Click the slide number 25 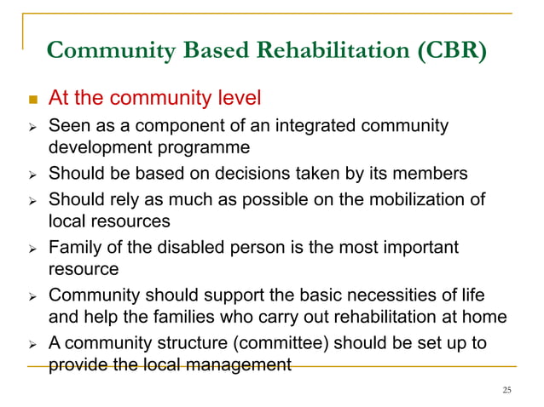click(507, 390)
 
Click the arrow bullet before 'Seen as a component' click(29, 128)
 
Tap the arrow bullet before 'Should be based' click(29, 175)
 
